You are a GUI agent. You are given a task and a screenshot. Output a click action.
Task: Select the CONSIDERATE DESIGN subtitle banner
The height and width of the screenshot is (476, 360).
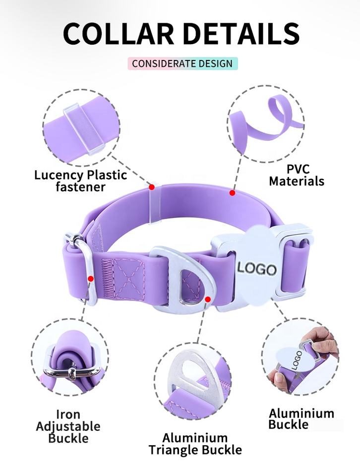182,63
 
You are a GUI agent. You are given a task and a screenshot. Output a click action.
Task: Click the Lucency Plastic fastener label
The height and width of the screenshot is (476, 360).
80,180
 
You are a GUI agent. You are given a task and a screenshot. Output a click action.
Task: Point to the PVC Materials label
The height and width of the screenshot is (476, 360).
297,175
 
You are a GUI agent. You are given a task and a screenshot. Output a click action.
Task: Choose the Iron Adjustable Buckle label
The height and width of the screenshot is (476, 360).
68,426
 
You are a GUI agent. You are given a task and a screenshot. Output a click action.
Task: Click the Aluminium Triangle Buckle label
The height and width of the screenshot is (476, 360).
195,444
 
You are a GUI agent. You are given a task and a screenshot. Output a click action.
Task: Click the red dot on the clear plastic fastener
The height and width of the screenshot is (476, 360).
152,187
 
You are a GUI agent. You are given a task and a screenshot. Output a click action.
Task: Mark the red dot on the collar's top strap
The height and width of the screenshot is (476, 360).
232,192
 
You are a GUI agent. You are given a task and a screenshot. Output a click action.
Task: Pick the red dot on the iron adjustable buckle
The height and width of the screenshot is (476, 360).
91,279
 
